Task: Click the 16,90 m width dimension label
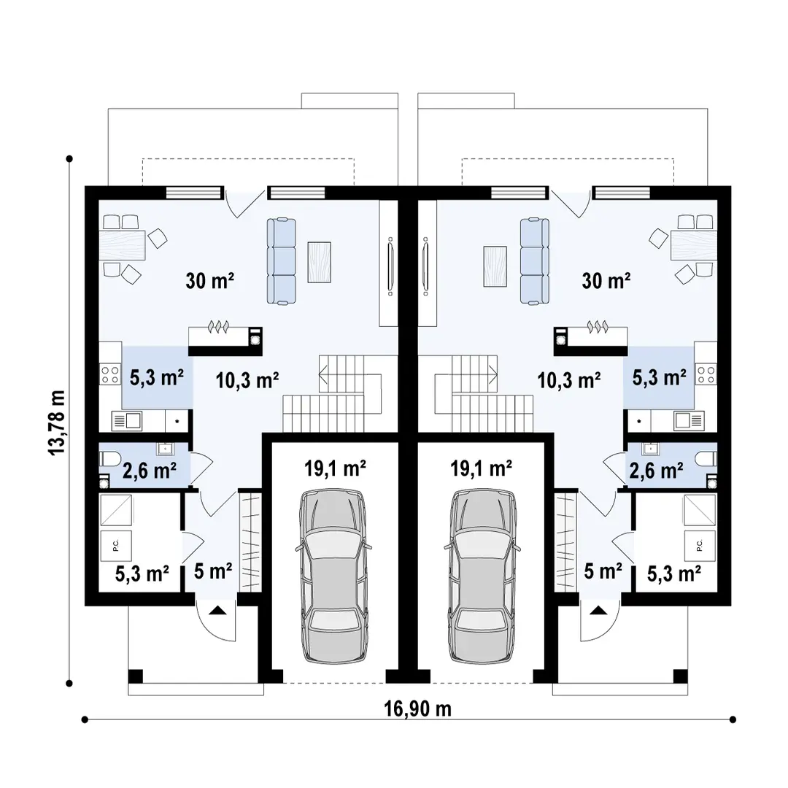(x=417, y=709)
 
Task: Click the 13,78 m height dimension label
(x=57, y=422)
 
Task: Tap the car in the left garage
(x=333, y=575)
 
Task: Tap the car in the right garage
(x=482, y=575)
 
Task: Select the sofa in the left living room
(x=282, y=260)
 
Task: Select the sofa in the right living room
(x=535, y=260)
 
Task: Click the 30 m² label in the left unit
(x=210, y=280)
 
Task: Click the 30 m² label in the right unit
(x=606, y=280)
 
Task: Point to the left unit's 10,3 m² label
(x=247, y=380)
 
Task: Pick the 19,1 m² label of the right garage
(x=481, y=468)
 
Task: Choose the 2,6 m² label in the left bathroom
(x=150, y=471)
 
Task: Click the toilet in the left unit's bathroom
(x=109, y=458)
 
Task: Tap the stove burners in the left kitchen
(x=110, y=375)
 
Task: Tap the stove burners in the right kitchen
(x=706, y=375)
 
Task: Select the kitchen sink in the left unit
(x=127, y=421)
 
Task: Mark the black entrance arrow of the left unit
(x=217, y=611)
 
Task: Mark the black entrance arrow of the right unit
(x=598, y=611)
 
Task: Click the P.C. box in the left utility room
(x=116, y=546)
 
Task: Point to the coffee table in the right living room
(x=495, y=266)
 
